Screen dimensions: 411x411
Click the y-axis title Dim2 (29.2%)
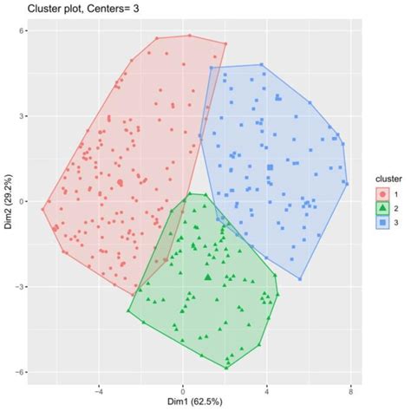coord(8,202)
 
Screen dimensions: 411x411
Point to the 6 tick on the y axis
coord(23,31)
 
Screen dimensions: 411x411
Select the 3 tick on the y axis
coord(23,116)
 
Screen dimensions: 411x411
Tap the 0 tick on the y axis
coord(23,202)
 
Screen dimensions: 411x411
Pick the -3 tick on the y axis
coord(22,287)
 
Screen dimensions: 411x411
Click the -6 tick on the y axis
coord(22,373)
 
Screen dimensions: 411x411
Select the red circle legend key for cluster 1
coord(380,193)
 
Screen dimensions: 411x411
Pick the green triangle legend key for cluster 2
coord(380,208)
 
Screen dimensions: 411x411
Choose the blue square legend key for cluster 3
coord(380,223)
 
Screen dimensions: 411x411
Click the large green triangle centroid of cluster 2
coord(208,277)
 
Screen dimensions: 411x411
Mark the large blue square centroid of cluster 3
coord(271,167)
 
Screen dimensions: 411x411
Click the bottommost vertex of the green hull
coord(227,369)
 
